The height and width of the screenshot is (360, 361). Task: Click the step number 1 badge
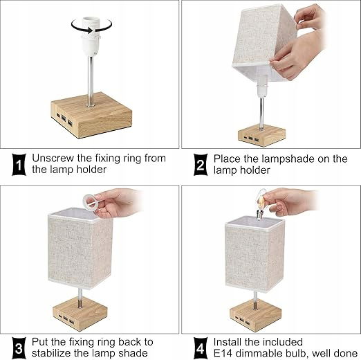pos(19,165)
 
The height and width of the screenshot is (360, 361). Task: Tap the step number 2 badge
pos(201,165)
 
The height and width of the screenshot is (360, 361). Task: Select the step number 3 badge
pos(19,348)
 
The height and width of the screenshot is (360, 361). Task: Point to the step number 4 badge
pos(201,348)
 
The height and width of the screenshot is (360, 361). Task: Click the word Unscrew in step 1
pos(53,159)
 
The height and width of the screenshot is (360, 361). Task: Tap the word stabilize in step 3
pos(51,353)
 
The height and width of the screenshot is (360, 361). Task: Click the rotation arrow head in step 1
pos(90,30)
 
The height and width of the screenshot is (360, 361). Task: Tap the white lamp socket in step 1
pos(91,36)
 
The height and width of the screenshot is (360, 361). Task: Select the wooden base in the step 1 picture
pos(91,115)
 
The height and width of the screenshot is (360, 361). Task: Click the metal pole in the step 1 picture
pos(91,81)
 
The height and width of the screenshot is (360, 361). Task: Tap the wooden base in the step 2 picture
pos(261,135)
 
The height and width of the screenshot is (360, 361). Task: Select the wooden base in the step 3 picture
pos(80,314)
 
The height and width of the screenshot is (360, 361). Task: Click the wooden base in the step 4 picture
pos(255,315)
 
